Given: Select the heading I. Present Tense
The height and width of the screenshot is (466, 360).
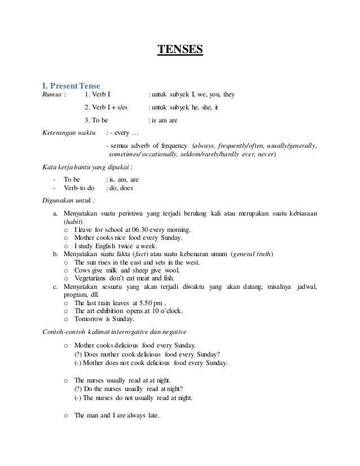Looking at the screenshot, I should tap(71, 86).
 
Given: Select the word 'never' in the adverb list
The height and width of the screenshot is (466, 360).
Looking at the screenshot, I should tap(265, 153).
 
